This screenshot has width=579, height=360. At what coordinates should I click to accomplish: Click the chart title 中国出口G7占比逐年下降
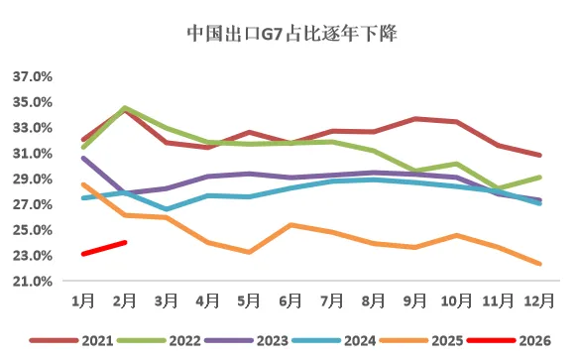click(x=289, y=34)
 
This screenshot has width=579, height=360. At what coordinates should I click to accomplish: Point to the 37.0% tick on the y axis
click(x=33, y=76)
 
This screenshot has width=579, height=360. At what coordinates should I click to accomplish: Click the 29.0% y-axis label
click(x=33, y=180)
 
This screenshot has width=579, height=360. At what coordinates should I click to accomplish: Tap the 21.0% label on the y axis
click(x=33, y=282)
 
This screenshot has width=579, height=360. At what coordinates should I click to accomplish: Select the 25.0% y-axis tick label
click(x=33, y=230)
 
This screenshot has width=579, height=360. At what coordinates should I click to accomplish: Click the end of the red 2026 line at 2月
click(x=124, y=242)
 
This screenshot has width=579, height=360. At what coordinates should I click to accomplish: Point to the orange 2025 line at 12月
click(x=538, y=264)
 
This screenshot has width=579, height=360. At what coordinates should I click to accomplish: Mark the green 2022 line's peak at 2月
click(x=124, y=107)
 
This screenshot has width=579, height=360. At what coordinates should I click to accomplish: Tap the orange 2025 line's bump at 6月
click(x=291, y=225)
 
